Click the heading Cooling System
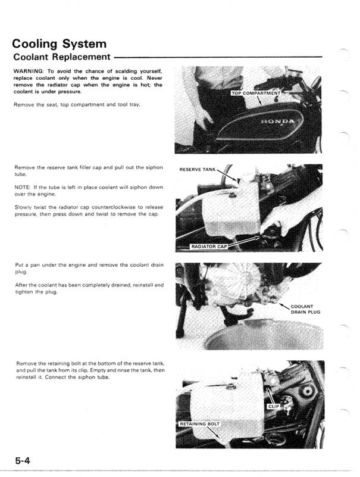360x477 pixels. pyautogui.click(x=60, y=44)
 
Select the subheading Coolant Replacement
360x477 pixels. pyautogui.click(x=61, y=57)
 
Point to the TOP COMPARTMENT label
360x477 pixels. pyautogui.click(x=256, y=93)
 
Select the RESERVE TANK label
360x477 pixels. pyautogui.click(x=198, y=170)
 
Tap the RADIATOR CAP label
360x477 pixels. pyautogui.click(x=209, y=245)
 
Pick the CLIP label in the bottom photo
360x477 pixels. pyautogui.click(x=274, y=407)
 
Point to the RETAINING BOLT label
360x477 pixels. pyautogui.click(x=200, y=424)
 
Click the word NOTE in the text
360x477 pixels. pyautogui.click(x=22, y=188)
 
